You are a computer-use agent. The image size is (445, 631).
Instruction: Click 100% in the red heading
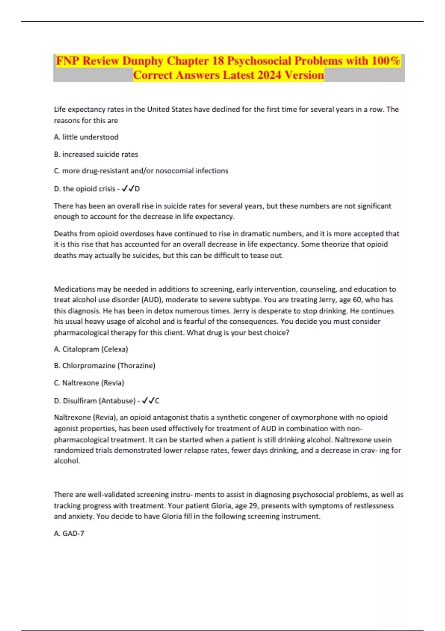tap(386, 61)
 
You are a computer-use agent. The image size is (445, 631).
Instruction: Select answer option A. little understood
tap(86, 137)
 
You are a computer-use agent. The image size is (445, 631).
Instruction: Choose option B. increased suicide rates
tap(96, 154)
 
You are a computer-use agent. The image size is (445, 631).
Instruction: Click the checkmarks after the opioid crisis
tap(128, 189)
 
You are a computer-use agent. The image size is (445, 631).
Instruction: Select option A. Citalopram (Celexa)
tap(91, 349)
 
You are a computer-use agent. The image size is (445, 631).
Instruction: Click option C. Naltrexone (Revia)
tap(89, 383)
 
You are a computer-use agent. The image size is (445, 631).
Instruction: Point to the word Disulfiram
tap(80, 401)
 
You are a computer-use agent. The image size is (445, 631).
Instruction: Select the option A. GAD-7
tap(69, 533)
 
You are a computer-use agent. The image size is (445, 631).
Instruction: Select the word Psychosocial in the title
tap(259, 61)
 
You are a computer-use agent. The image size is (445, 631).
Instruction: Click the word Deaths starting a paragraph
tap(65, 233)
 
